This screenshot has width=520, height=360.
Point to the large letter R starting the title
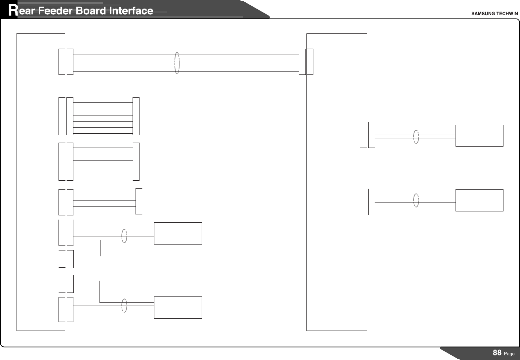tap(13, 11)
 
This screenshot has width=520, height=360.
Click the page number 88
tap(497, 353)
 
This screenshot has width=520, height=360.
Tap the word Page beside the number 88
tap(509, 354)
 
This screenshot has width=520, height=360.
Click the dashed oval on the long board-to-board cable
tap(177, 63)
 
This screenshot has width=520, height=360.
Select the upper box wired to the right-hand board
tap(479, 136)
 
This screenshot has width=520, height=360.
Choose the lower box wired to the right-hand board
tap(479, 200)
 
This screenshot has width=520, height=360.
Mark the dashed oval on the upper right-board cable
tap(416, 137)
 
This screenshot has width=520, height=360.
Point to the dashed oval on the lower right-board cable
tap(416, 200)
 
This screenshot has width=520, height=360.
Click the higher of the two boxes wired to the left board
tap(178, 233)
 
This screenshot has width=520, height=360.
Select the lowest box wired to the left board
tap(178, 307)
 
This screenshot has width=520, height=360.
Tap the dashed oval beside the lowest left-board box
tap(124, 305)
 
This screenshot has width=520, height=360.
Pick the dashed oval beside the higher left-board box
tap(124, 236)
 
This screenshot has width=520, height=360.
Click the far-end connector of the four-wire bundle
tap(139, 201)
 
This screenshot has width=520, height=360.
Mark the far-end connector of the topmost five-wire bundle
tap(136, 116)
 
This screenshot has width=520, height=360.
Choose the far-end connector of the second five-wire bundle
tap(136, 161)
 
